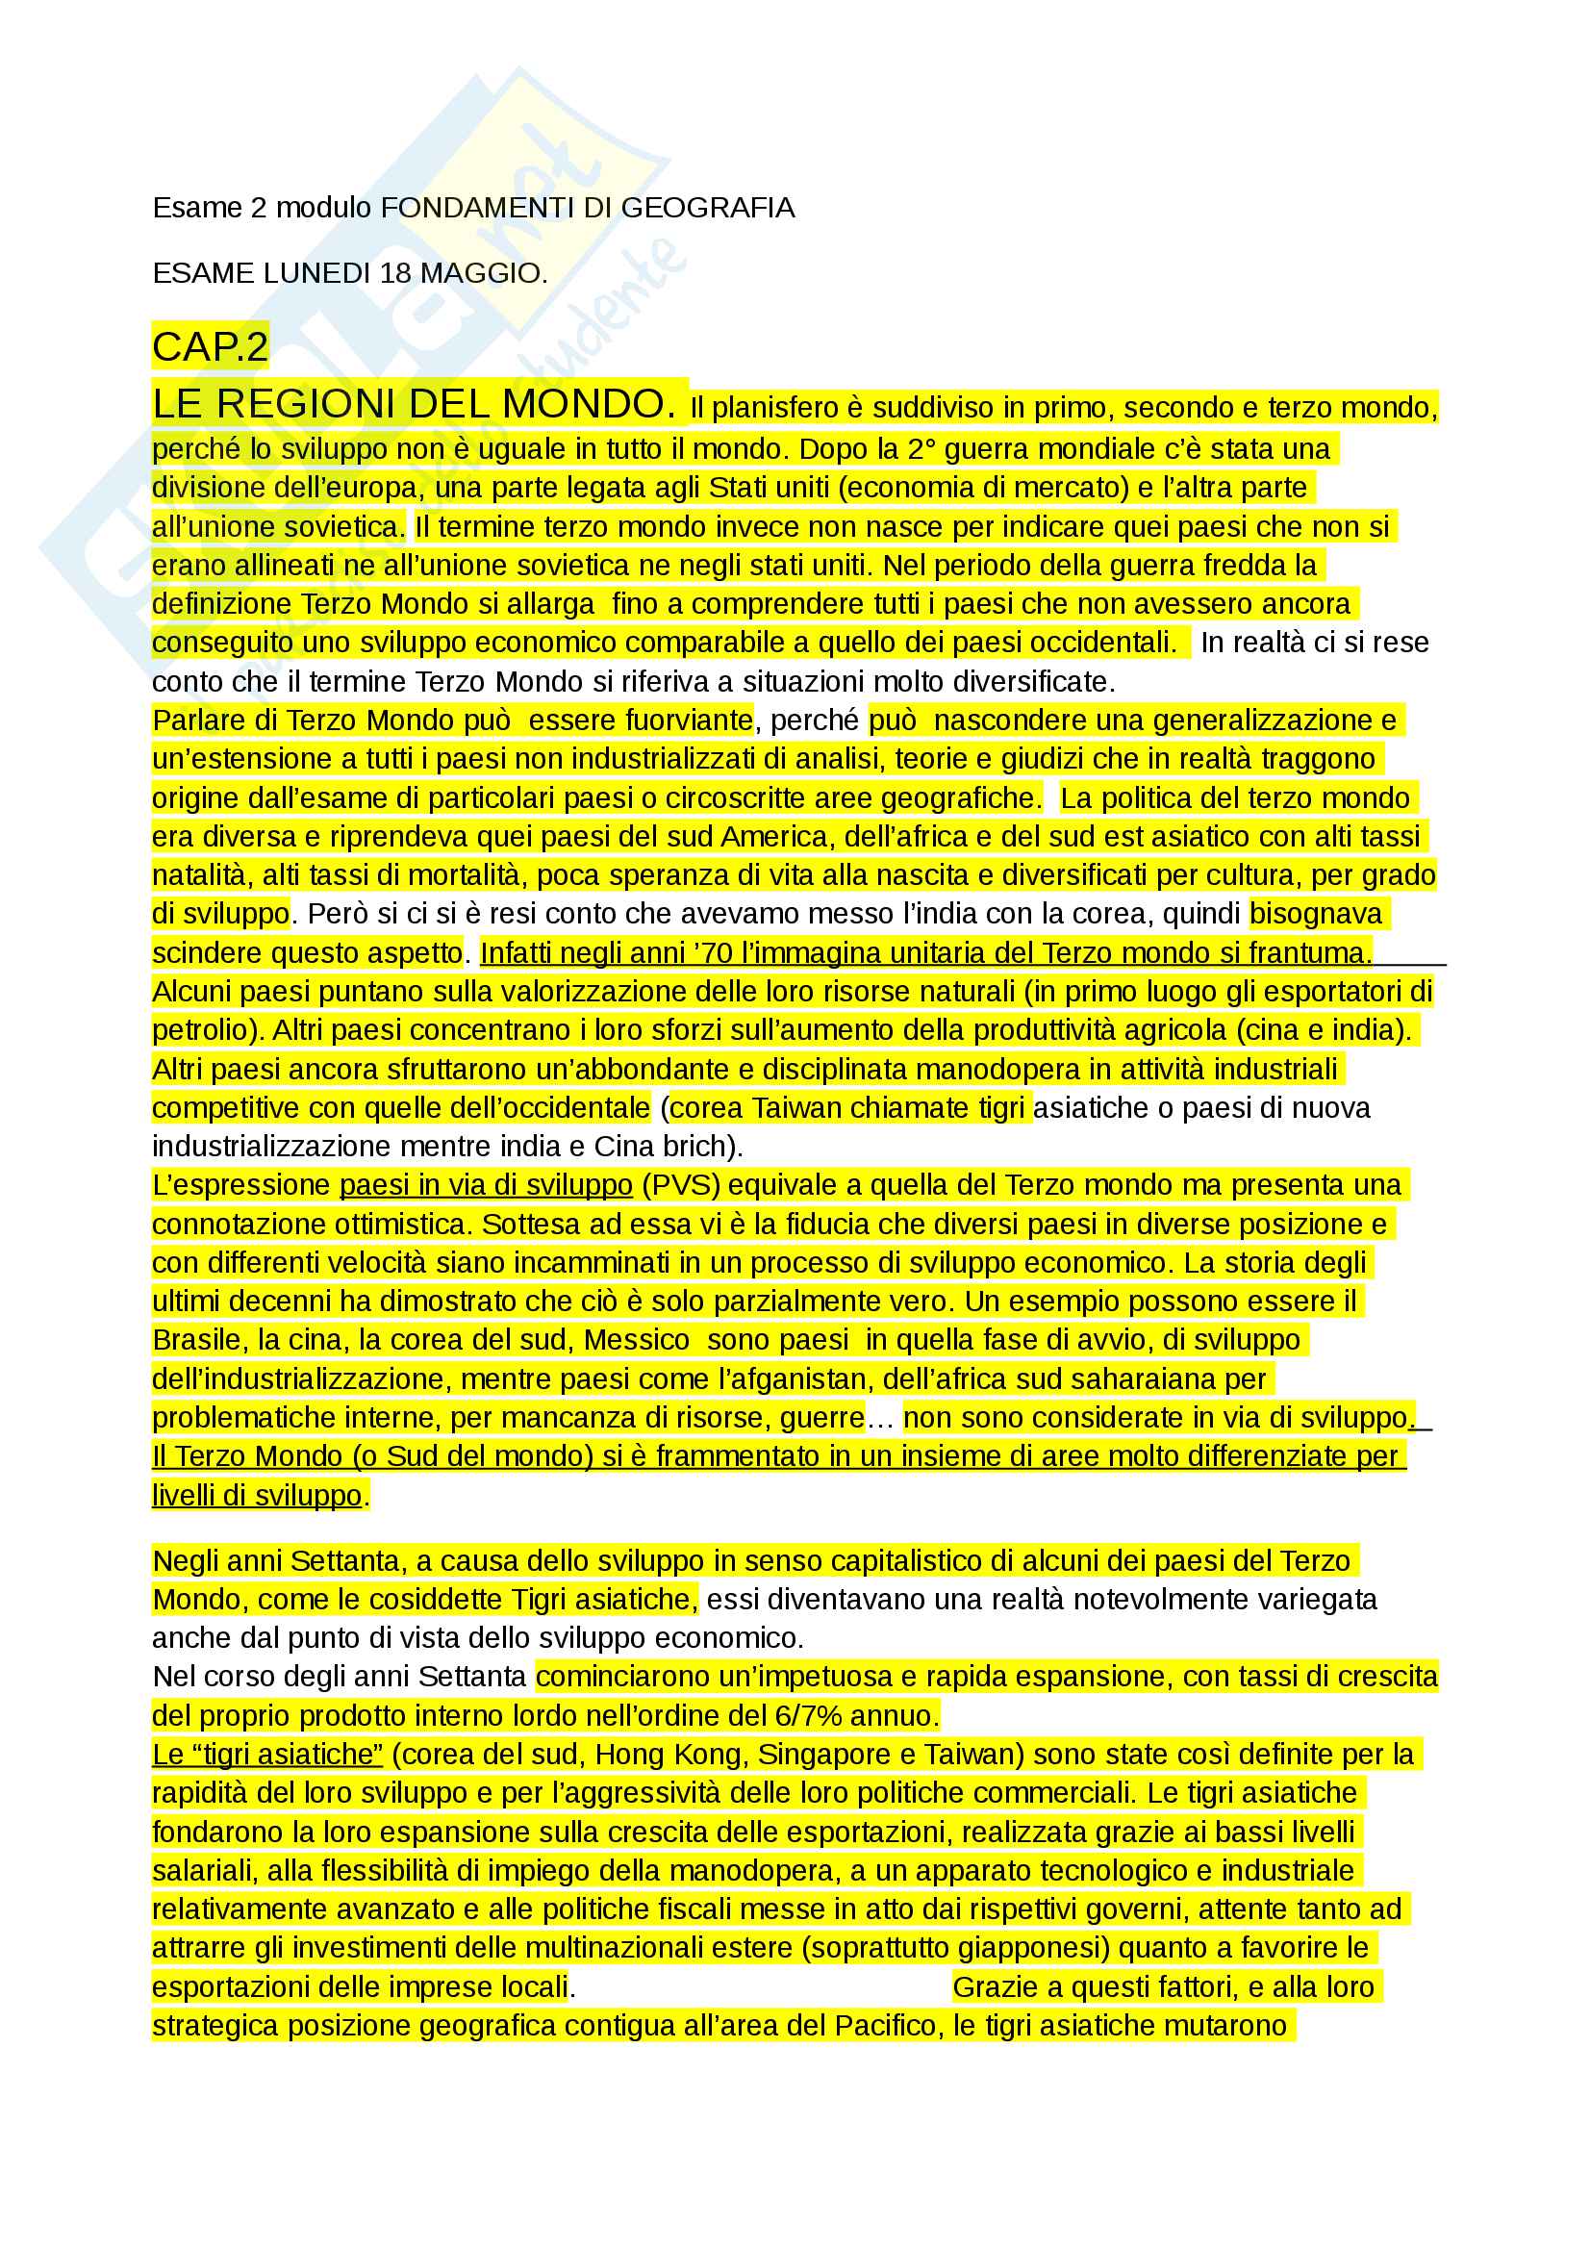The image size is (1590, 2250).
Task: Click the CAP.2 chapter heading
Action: pos(210,347)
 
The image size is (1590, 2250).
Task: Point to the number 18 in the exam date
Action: pos(394,272)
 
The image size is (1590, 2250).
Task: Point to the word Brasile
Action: pos(197,1340)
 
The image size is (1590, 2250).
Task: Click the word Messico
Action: pos(638,1340)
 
